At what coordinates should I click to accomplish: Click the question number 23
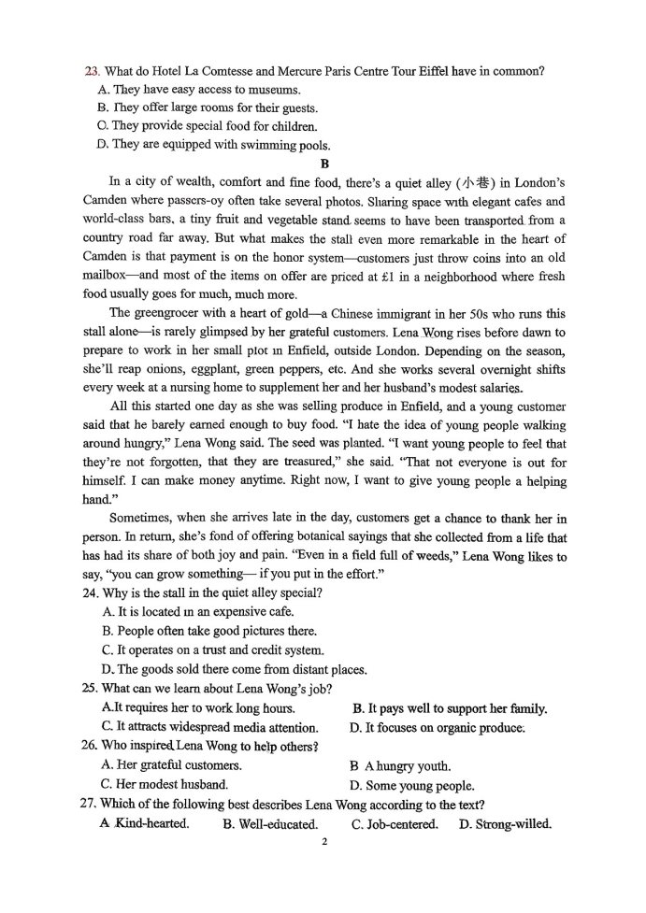pyautogui.click(x=91, y=71)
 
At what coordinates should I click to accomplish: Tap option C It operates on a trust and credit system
pyautogui.click(x=213, y=649)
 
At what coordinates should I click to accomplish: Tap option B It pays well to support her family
pyautogui.click(x=449, y=707)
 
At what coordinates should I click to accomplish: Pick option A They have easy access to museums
pyautogui.click(x=199, y=90)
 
